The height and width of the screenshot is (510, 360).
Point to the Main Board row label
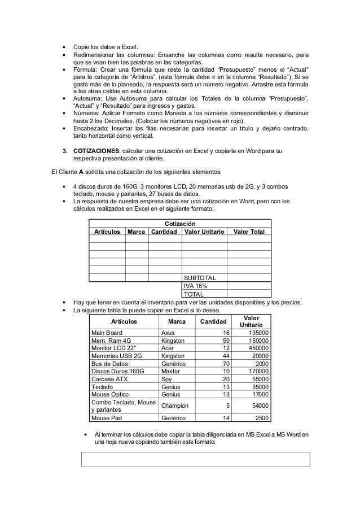pyautogui.click(x=107, y=333)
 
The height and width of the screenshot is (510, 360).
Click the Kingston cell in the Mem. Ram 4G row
pyautogui.click(x=173, y=341)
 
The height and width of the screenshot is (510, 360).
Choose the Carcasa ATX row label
pyautogui.click(x=109, y=379)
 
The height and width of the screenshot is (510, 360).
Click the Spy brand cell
pyautogui.click(x=167, y=379)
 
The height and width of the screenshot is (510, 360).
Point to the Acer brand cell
pyautogui.click(x=169, y=348)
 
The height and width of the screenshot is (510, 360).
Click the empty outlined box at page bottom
pyautogui.click(x=196, y=459)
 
